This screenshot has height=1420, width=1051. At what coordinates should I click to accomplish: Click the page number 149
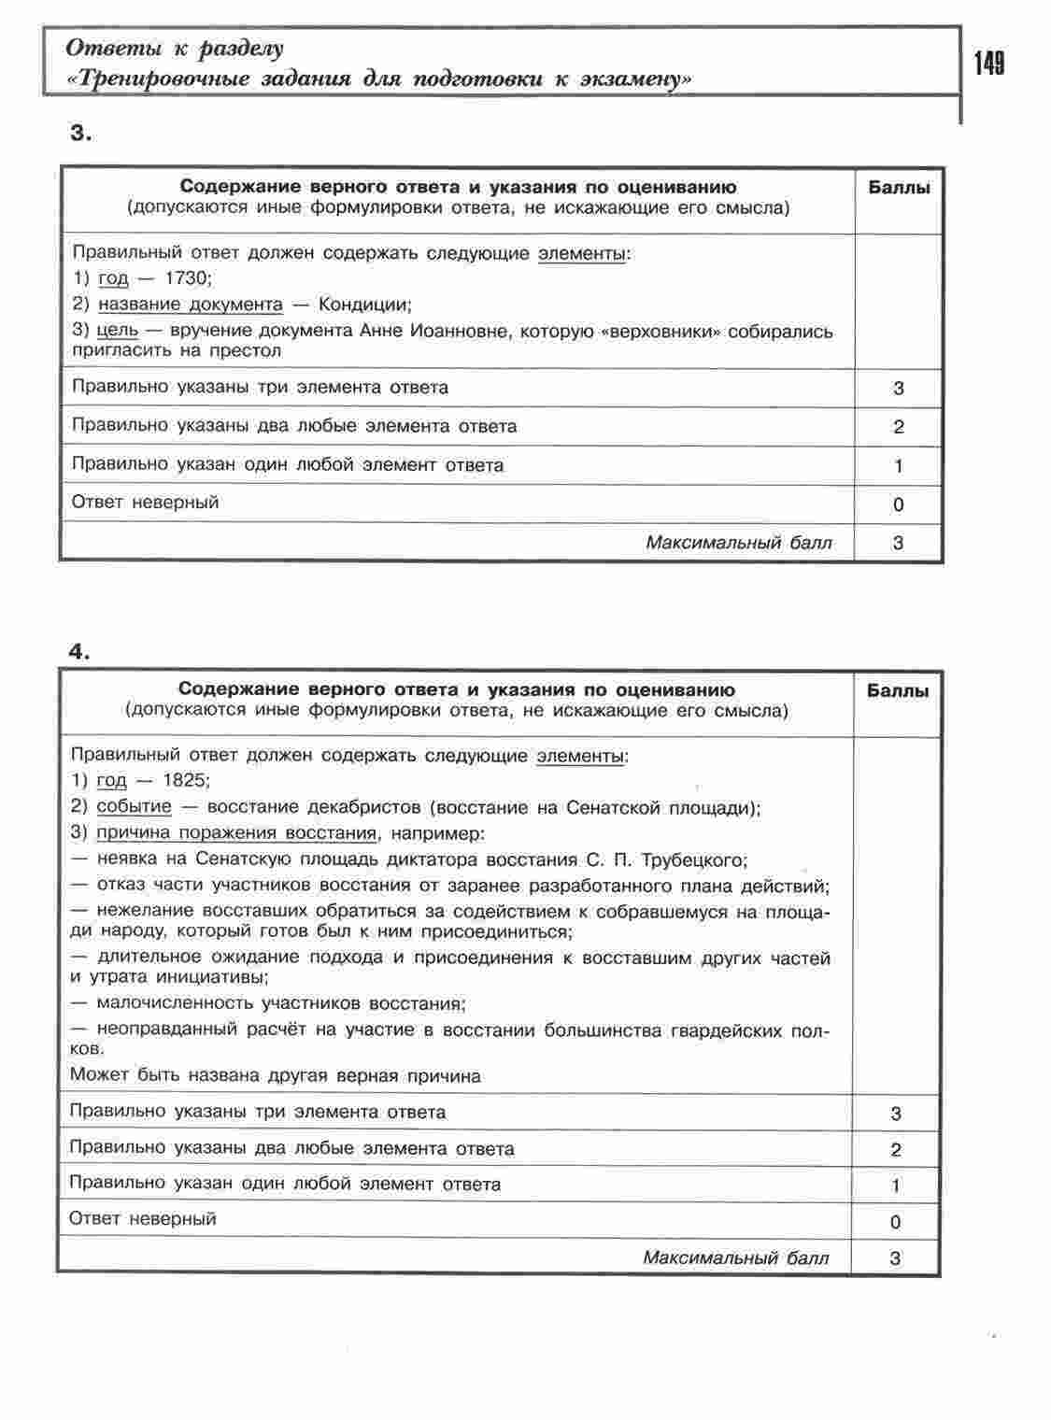click(988, 64)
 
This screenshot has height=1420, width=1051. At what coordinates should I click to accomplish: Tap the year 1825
click(187, 780)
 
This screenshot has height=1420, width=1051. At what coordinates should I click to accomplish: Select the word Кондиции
click(364, 305)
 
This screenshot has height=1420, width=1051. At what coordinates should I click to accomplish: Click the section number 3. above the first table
click(81, 134)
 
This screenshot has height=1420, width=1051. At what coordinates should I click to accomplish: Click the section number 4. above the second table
click(79, 652)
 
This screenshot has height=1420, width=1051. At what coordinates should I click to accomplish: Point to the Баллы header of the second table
click(897, 692)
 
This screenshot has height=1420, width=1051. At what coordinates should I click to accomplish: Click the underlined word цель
click(118, 331)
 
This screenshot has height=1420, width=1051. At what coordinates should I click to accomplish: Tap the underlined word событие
click(135, 806)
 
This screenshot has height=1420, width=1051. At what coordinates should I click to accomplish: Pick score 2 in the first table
click(899, 427)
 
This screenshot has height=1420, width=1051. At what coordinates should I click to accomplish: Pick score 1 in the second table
click(896, 1186)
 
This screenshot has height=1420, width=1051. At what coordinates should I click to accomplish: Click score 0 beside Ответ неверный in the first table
click(899, 504)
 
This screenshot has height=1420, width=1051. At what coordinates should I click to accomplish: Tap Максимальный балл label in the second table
click(735, 1257)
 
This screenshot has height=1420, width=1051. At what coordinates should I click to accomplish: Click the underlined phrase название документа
click(191, 305)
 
